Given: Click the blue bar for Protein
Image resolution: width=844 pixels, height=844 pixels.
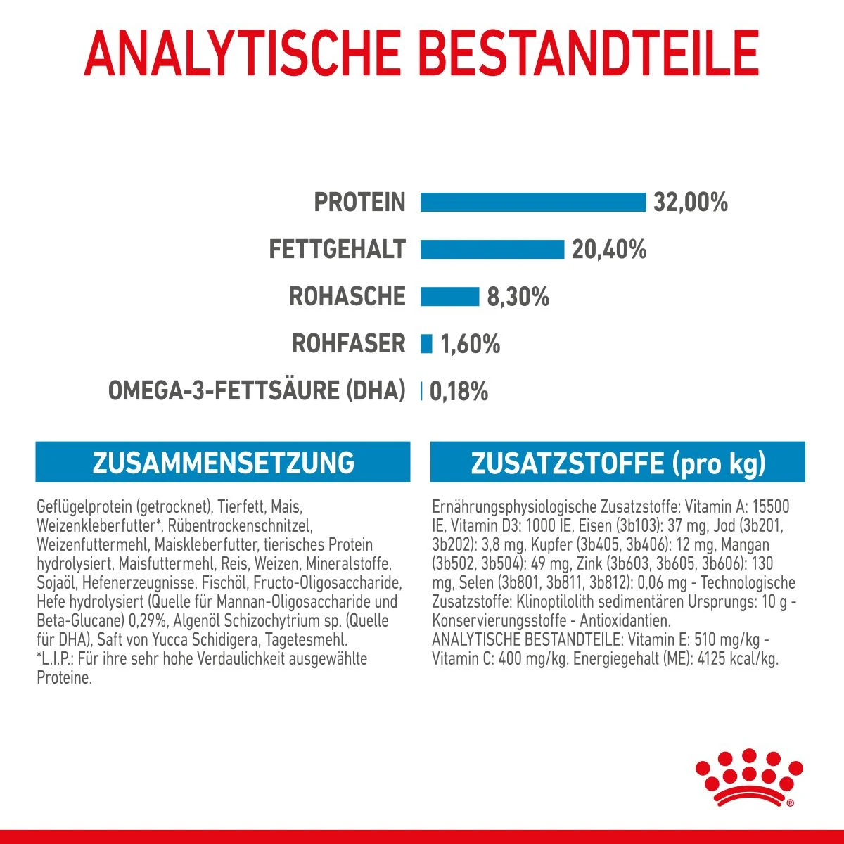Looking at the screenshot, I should click(532, 202).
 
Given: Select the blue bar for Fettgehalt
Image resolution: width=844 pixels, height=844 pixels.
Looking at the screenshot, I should click(492, 249).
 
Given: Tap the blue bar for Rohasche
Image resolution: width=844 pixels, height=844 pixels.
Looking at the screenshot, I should click(449, 296).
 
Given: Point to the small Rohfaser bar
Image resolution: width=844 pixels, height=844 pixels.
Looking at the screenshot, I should click(426, 343).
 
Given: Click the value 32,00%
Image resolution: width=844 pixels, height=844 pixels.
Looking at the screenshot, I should click(690, 203).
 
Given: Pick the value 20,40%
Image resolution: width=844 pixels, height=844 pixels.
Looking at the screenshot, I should click(608, 250).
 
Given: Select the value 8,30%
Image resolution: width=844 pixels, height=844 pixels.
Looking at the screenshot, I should click(518, 297).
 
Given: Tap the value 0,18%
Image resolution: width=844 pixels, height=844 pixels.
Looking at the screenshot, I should click(459, 392).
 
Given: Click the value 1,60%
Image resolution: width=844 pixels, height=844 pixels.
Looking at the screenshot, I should click(470, 344).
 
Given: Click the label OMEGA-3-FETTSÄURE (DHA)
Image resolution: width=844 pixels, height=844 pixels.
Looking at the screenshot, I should click(257, 391).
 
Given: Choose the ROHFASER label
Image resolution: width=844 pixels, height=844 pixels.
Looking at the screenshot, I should click(348, 344).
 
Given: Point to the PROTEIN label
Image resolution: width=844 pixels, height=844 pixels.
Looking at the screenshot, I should click(359, 203).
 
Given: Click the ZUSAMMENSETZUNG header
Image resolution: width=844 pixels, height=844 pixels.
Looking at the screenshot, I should click(223, 462).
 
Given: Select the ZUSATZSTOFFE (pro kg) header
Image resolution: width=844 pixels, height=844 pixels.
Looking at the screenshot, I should click(618, 463).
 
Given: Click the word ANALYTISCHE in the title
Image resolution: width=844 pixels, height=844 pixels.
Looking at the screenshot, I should click(241, 52).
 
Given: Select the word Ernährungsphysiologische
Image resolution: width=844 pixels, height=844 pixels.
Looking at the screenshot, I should click(513, 506).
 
